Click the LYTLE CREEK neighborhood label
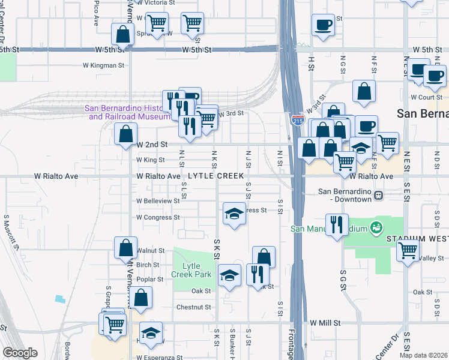coord(215,176)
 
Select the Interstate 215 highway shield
coord(298,120)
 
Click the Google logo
coord(20,353)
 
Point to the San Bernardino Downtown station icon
coord(378,195)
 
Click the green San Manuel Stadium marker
coord(376,228)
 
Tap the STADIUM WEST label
coord(417,238)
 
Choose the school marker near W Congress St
coord(234,214)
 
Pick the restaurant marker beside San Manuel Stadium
coord(337,225)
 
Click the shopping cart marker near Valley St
coord(408,250)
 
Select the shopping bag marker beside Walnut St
coord(125,247)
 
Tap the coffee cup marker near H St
coord(323,25)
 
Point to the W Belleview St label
coord(158,201)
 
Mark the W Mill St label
coord(325,323)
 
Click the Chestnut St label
coord(194,307)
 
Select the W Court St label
coord(426,97)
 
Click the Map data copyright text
coord(424,355)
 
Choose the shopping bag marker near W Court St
coord(364,91)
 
